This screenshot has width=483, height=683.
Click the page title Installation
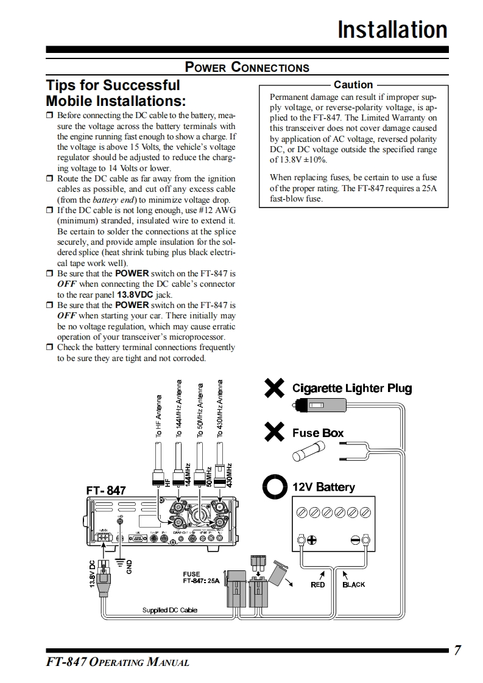click(392, 29)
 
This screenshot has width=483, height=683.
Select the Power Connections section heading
click(247, 68)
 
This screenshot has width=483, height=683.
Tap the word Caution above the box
click(353, 85)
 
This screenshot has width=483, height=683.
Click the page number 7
click(457, 651)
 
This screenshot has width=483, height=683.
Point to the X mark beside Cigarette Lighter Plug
click(275, 388)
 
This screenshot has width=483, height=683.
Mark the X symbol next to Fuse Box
click(275, 433)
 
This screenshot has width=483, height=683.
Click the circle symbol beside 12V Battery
click(275, 486)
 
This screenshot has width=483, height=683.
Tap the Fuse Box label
click(318, 433)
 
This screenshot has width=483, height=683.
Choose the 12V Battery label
click(323, 487)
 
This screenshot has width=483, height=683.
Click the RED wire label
click(318, 584)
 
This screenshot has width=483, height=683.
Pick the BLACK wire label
click(354, 584)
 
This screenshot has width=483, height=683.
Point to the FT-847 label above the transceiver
click(106, 490)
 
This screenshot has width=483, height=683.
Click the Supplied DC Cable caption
click(170, 610)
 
